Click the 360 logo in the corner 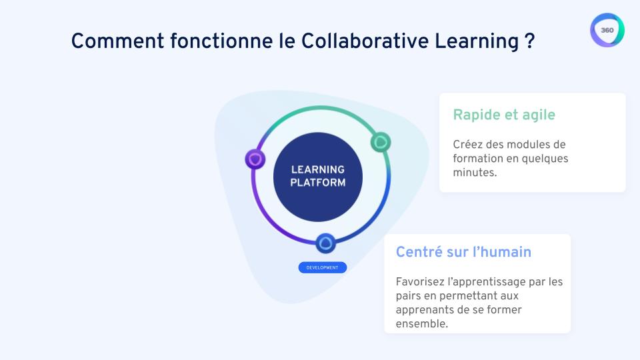click(607, 31)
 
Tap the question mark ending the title click(529, 41)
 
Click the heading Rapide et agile click(504, 115)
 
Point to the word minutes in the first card click(475, 172)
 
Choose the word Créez click(468, 145)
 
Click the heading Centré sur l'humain click(463, 252)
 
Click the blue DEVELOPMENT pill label click(323, 267)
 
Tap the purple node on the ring click(255, 159)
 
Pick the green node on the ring click(380, 141)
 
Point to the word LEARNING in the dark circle click(318, 169)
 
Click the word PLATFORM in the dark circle click(318, 182)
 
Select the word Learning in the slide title click(474, 41)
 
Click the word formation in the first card click(478, 159)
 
